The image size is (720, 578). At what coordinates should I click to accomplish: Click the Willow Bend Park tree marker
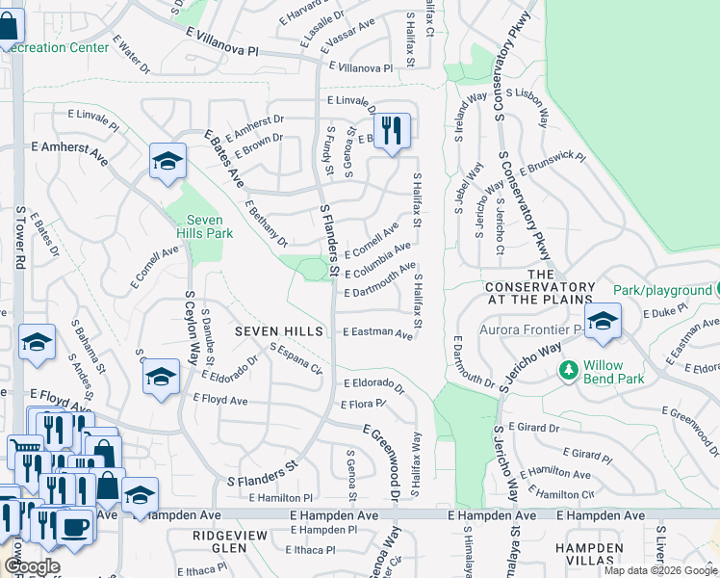pos(569,369)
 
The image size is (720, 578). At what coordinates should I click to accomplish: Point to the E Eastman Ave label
pos(377,331)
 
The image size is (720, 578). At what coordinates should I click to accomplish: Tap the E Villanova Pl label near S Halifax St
pos(361,68)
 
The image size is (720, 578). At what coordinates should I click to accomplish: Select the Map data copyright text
pos(660,570)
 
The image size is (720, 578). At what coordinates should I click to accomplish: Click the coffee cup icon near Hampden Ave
pos(75,526)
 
